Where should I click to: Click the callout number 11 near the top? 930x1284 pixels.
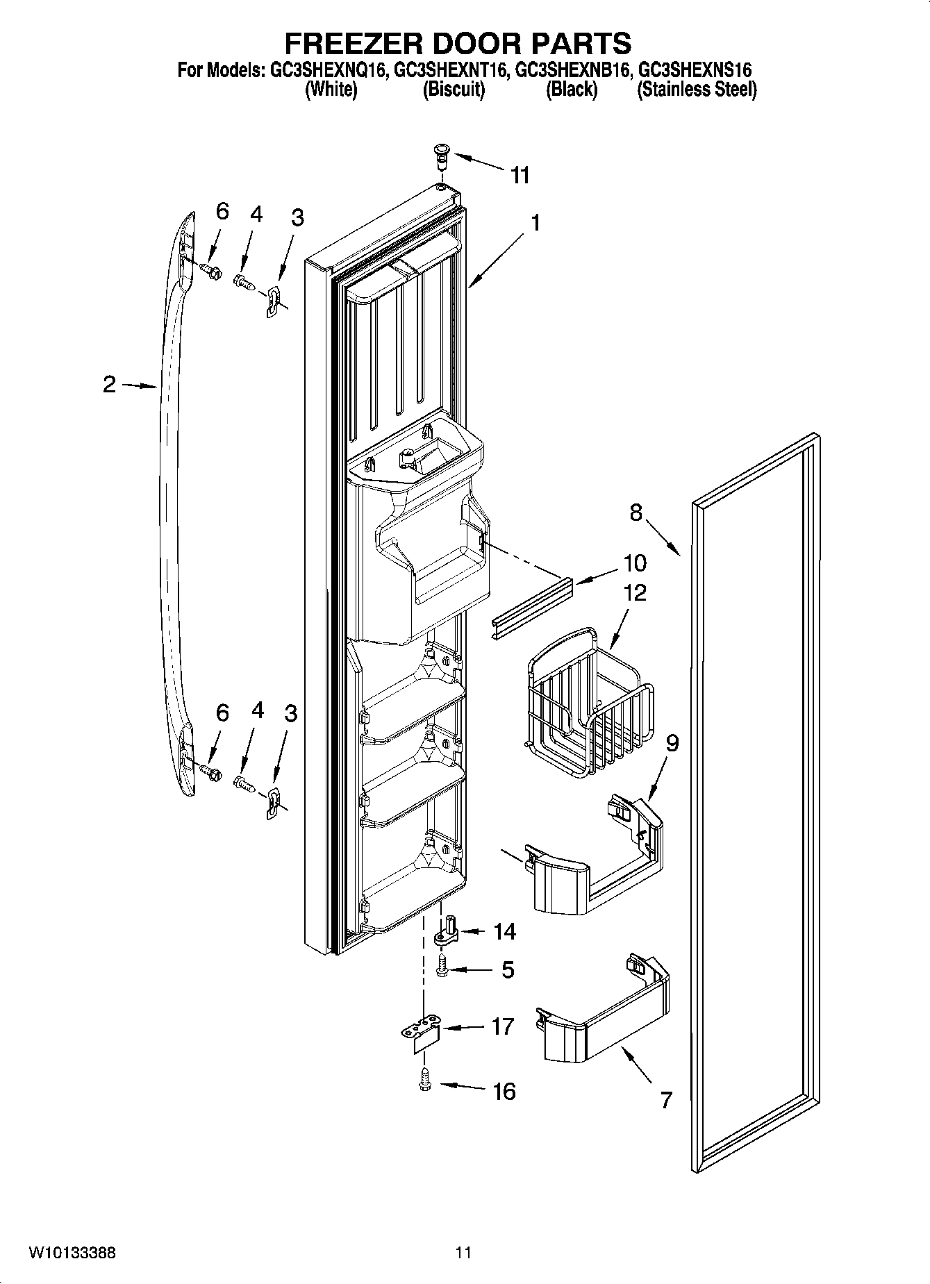pos(520,176)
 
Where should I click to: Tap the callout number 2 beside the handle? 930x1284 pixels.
pos(109,384)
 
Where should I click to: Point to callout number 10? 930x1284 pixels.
pos(635,562)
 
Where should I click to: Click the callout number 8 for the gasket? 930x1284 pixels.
pos(636,512)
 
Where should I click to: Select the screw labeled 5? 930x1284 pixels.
pos(442,967)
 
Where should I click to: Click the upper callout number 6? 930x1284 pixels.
pos(222,211)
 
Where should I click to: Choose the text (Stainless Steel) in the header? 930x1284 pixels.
pos(697,90)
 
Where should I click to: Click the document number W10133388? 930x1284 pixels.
pos(72,1253)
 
